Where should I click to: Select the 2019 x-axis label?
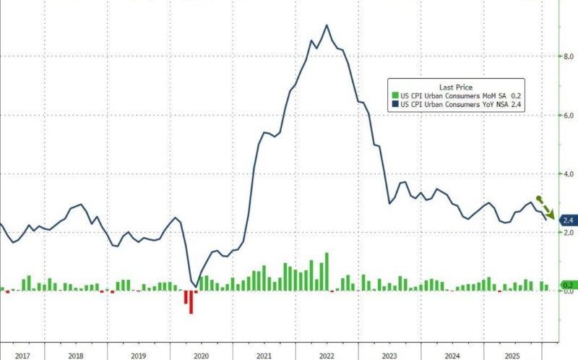pos(138,356)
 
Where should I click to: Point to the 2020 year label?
pos(201,356)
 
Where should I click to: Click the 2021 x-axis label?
pos(264,356)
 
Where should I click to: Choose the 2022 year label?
pos(326,356)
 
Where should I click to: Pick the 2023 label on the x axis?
pos(389,356)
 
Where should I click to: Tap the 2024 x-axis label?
pos(452,356)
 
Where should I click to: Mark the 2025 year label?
pos(514,356)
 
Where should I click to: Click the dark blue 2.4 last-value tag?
pos(567,220)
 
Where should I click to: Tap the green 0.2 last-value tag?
pos(567,286)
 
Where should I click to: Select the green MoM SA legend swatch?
pos(394,95)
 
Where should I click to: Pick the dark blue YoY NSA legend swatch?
pos(394,105)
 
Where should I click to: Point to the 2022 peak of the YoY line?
pos(327,25)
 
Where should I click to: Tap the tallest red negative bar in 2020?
pos(191,301)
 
